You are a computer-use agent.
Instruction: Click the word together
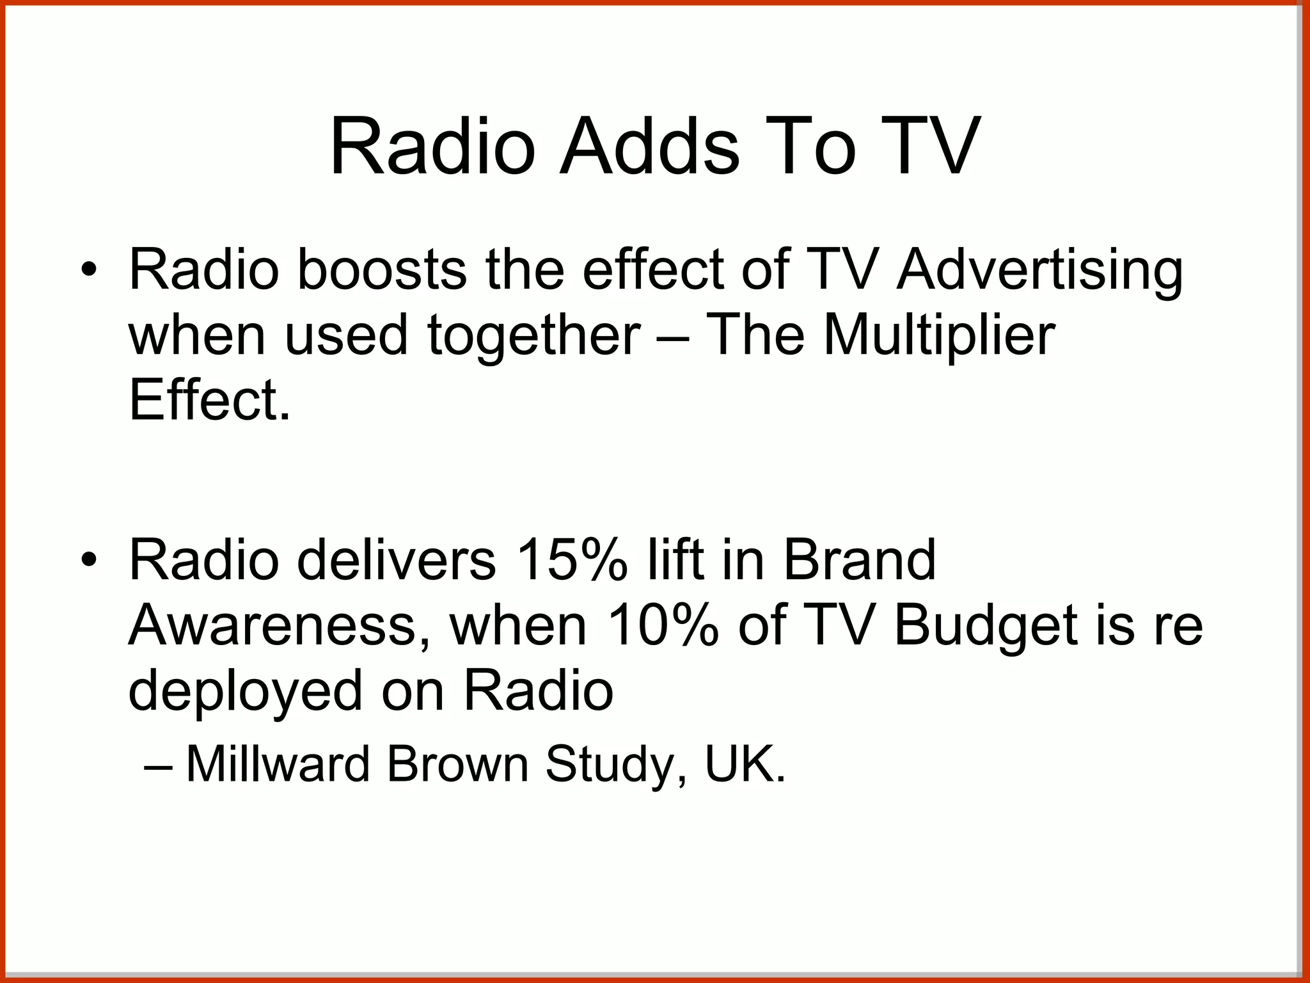tap(533, 337)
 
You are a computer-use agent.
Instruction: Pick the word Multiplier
tap(939, 337)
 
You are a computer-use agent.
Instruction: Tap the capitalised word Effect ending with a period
tap(210, 401)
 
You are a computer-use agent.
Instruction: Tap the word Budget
tap(985, 627)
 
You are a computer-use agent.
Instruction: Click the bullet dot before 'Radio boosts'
tap(89, 269)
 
